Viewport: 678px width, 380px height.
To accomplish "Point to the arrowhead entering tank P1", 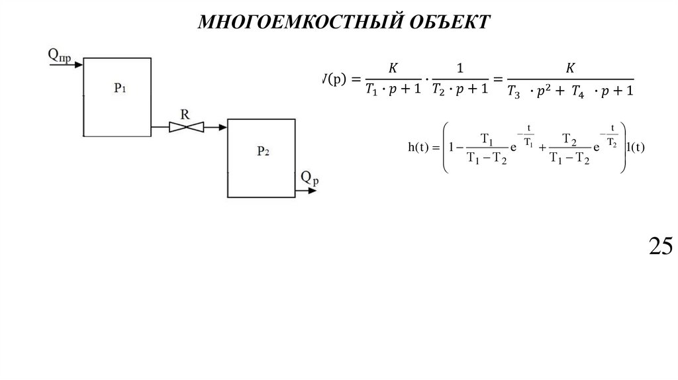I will tap(78, 65).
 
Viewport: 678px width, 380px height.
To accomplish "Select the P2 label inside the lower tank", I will tap(263, 150).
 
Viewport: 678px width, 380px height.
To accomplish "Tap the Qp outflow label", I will tap(309, 177).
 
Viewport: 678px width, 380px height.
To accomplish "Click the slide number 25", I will tap(660, 246).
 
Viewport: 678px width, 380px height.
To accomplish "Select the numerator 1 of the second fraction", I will tap(460, 68).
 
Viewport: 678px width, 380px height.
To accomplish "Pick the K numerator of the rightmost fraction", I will tap(570, 68).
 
